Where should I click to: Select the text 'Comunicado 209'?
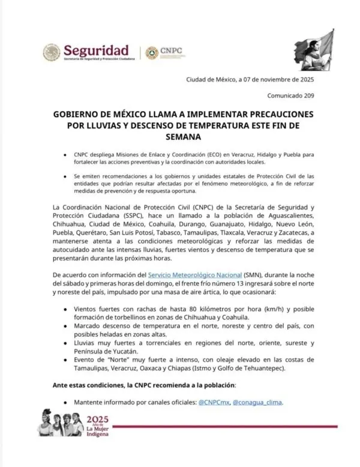click(295, 95)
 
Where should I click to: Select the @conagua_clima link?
click(257, 402)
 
